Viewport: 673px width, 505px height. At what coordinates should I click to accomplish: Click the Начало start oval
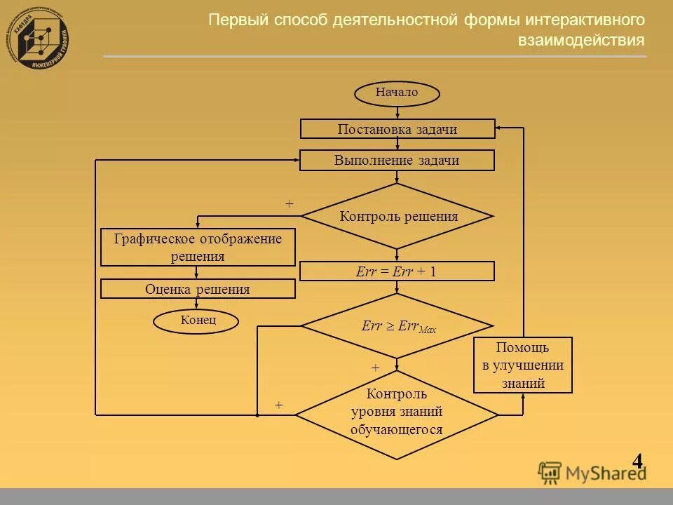pyautogui.click(x=397, y=93)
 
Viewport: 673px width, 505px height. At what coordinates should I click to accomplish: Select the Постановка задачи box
pyautogui.click(x=397, y=129)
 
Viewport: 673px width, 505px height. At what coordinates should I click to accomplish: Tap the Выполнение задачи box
pyautogui.click(x=397, y=161)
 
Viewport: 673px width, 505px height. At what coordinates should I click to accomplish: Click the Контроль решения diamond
pyautogui.click(x=397, y=216)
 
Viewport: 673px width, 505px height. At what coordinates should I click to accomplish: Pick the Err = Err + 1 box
pyautogui.click(x=397, y=271)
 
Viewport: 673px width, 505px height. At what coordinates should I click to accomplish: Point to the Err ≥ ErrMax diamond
pyautogui.click(x=397, y=326)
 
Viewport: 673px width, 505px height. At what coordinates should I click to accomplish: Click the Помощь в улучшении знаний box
pyautogui.click(x=523, y=365)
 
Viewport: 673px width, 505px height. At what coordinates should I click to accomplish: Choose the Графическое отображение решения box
pyautogui.click(x=198, y=248)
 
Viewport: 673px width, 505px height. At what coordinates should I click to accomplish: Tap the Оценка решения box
pyautogui.click(x=198, y=289)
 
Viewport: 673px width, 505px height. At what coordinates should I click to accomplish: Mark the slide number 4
pyautogui.click(x=637, y=461)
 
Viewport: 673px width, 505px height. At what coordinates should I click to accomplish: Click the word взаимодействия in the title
pyautogui.click(x=581, y=41)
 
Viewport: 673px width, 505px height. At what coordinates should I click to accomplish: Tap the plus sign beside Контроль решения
pyautogui.click(x=289, y=203)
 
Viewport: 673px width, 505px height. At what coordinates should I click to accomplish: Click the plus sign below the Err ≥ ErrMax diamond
pyautogui.click(x=375, y=368)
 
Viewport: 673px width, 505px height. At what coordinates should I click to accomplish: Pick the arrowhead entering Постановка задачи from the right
pyautogui.click(x=499, y=128)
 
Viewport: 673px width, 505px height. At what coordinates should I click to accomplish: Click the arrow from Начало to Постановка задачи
pyautogui.click(x=397, y=112)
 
